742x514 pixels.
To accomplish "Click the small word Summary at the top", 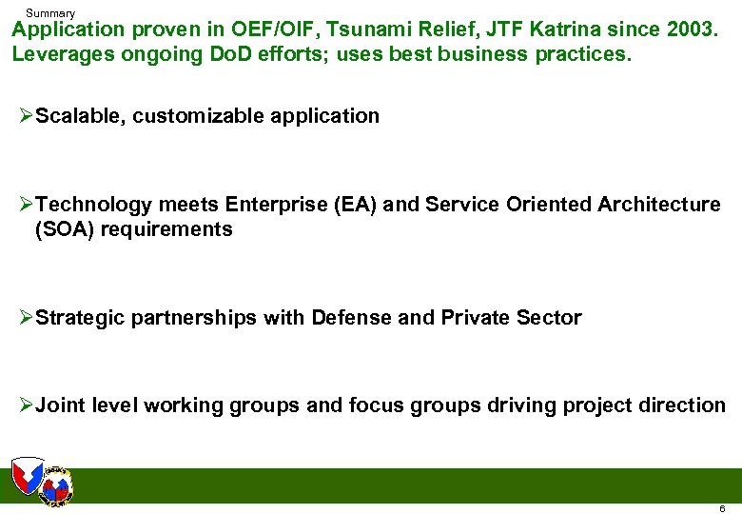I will coord(50,13).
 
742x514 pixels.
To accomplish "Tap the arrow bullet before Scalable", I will coord(26,116).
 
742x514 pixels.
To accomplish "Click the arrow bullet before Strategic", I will coord(26,318).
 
